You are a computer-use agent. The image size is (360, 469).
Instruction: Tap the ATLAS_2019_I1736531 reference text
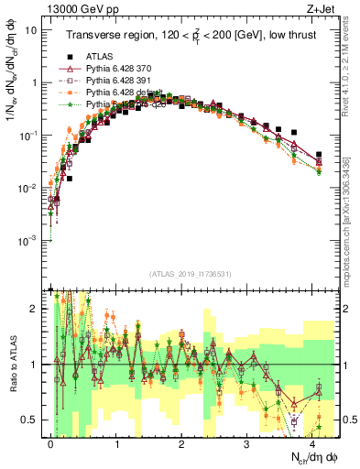(188, 274)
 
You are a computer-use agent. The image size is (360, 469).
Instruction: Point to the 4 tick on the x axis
(312, 442)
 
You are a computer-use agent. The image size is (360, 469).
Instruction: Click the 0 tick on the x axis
(51, 442)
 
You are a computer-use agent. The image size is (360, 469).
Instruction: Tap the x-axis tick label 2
(182, 442)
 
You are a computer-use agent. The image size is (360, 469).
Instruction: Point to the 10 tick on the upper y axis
(34, 29)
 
